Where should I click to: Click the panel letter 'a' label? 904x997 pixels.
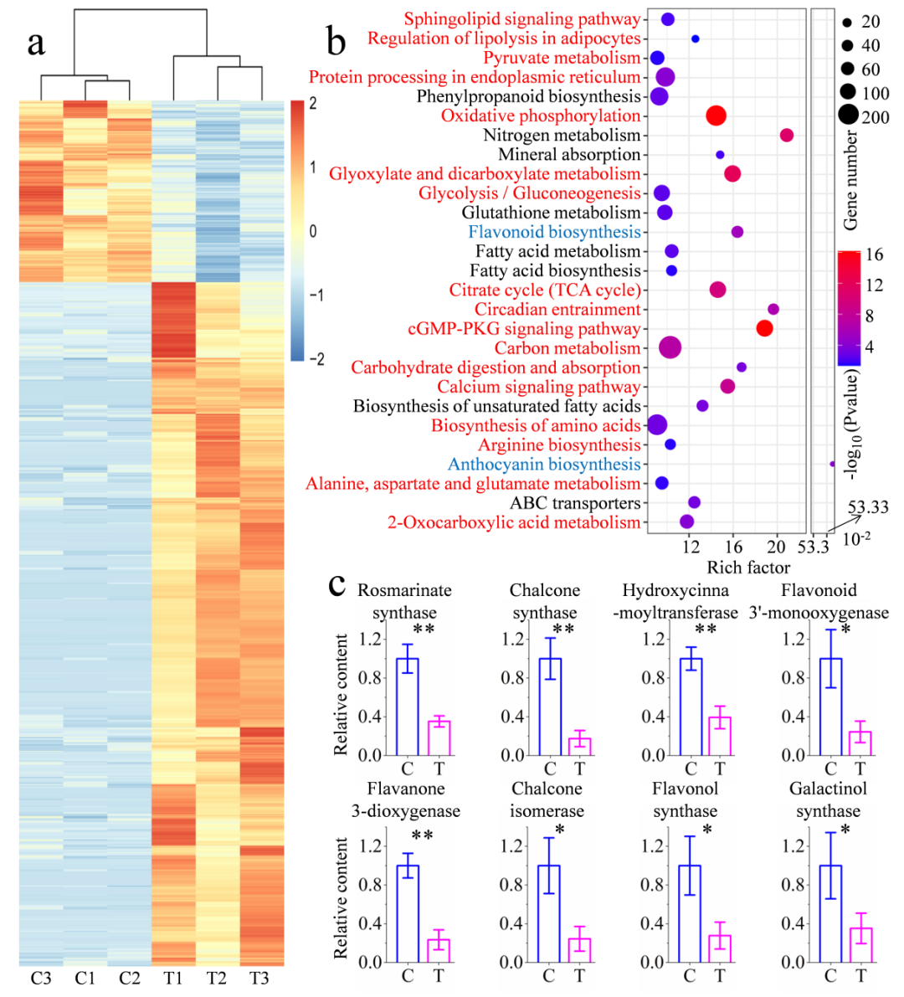pyautogui.click(x=35, y=43)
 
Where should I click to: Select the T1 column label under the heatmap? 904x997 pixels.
pyautogui.click(x=172, y=978)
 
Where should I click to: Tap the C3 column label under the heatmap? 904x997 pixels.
pyautogui.click(x=41, y=978)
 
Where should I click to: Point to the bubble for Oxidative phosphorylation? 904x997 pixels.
pyautogui.click(x=716, y=116)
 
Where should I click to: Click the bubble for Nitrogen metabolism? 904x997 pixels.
pyautogui.click(x=786, y=135)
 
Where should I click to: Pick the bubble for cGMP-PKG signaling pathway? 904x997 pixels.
pyautogui.click(x=764, y=328)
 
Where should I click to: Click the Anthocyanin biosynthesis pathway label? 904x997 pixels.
pyautogui.click(x=544, y=465)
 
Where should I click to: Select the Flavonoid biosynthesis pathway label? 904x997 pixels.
pyautogui.click(x=554, y=232)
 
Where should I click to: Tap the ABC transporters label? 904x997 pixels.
pyautogui.click(x=575, y=503)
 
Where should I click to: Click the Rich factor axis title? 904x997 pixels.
pyautogui.click(x=748, y=568)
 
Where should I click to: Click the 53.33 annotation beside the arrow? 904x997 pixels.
pyautogui.click(x=868, y=507)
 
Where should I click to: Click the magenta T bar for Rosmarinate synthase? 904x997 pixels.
pyautogui.click(x=439, y=737)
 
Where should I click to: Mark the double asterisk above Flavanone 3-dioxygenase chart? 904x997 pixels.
pyautogui.click(x=422, y=835)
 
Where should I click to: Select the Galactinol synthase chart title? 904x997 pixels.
pyautogui.click(x=828, y=799)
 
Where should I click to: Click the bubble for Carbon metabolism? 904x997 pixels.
pyautogui.click(x=670, y=347)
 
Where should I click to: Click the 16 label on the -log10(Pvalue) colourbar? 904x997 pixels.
pyautogui.click(x=874, y=255)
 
